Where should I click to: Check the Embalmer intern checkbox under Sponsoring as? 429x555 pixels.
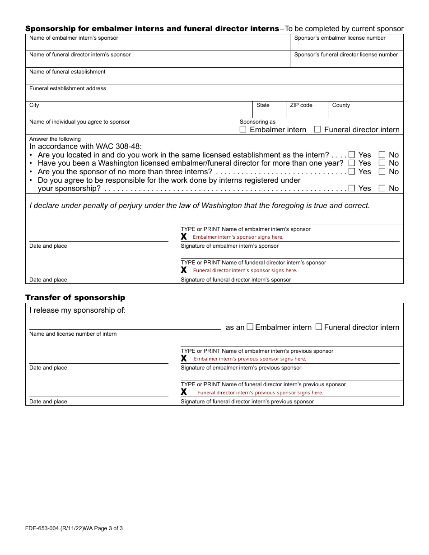click(243, 129)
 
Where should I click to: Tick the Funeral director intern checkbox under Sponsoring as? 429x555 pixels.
click(317, 129)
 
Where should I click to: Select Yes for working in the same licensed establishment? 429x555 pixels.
click(352, 155)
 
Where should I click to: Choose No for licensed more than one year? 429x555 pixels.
click(382, 163)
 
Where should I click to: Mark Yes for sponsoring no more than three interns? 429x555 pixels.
click(352, 171)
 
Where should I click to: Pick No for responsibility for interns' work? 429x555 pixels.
click(382, 188)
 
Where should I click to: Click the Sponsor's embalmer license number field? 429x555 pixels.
click(346, 45)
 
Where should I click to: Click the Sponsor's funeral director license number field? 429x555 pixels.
click(346, 62)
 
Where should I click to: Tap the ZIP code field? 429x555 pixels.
click(306, 112)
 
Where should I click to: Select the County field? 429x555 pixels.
click(365, 112)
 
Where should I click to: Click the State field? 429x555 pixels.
click(269, 112)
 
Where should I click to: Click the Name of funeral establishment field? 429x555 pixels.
click(214, 79)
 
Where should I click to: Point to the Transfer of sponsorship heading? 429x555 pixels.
click(75, 297)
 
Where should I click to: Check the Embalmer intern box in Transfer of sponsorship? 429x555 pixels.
click(250, 327)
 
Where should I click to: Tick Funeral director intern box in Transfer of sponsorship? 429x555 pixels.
click(319, 327)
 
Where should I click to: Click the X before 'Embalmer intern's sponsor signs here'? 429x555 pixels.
click(184, 237)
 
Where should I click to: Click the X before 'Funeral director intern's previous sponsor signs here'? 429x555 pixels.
click(184, 392)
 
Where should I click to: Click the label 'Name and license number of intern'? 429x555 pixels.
click(73, 334)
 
